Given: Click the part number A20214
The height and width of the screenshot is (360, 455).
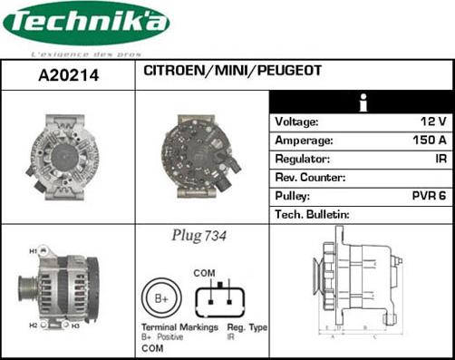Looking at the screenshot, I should click(x=68, y=77).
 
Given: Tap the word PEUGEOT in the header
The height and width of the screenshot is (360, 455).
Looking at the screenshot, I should click(x=289, y=70).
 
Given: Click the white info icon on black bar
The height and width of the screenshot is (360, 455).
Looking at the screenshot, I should click(x=362, y=102).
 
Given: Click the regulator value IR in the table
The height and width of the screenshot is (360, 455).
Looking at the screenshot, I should click(x=440, y=159).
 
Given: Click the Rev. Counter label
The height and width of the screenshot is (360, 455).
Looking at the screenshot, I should click(x=310, y=178).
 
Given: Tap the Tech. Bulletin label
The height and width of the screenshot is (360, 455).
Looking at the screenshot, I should click(x=312, y=215).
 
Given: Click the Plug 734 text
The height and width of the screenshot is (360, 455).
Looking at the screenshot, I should click(x=198, y=236).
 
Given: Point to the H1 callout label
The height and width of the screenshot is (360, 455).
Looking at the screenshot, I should click(x=33, y=250).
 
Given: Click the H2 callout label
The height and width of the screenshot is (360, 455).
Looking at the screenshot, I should click(x=33, y=325).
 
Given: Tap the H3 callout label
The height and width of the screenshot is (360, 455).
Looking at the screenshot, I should click(x=75, y=325).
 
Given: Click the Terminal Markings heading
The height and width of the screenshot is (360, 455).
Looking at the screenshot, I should click(x=179, y=326).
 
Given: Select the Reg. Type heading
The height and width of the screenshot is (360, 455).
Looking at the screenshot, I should click(x=247, y=326).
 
